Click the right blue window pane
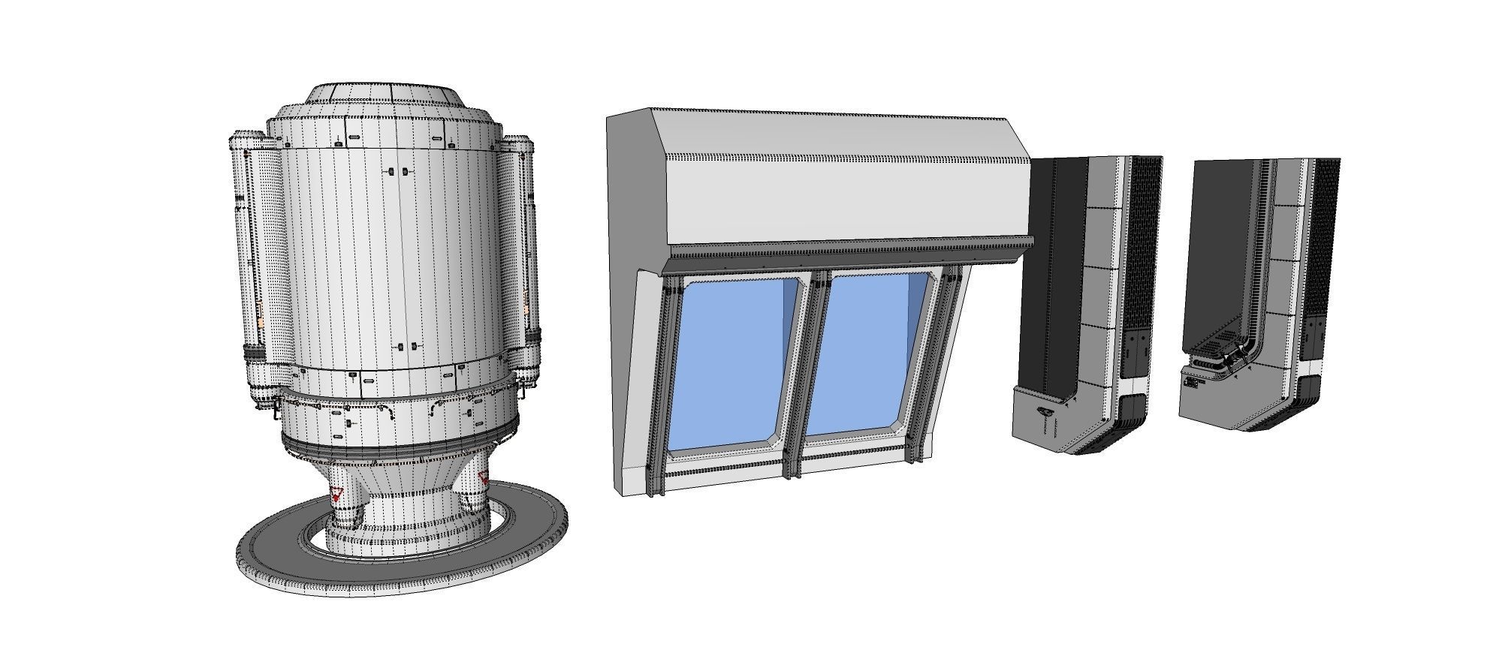[x=864, y=353]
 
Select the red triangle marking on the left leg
[x=336, y=494]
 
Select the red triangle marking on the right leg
[x=483, y=478]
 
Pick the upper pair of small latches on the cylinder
[x=398, y=172]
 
